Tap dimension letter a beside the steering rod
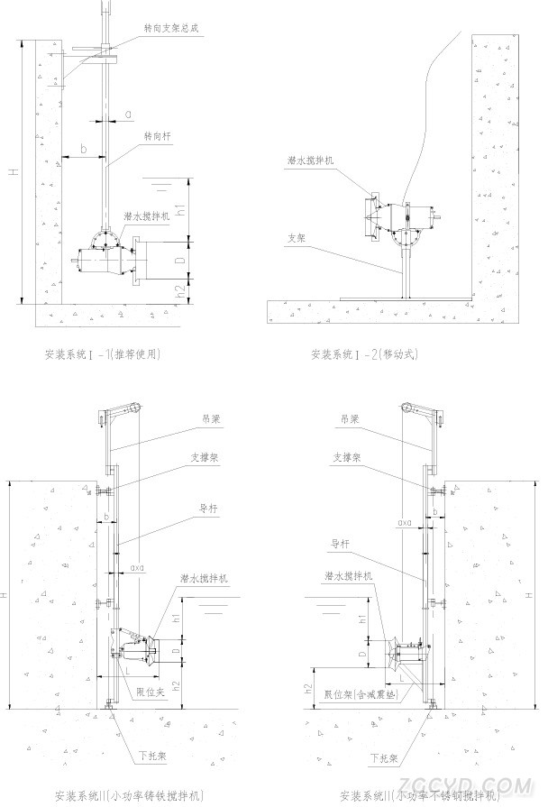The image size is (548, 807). click(x=129, y=114)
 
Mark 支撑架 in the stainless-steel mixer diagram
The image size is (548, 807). click(x=346, y=458)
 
